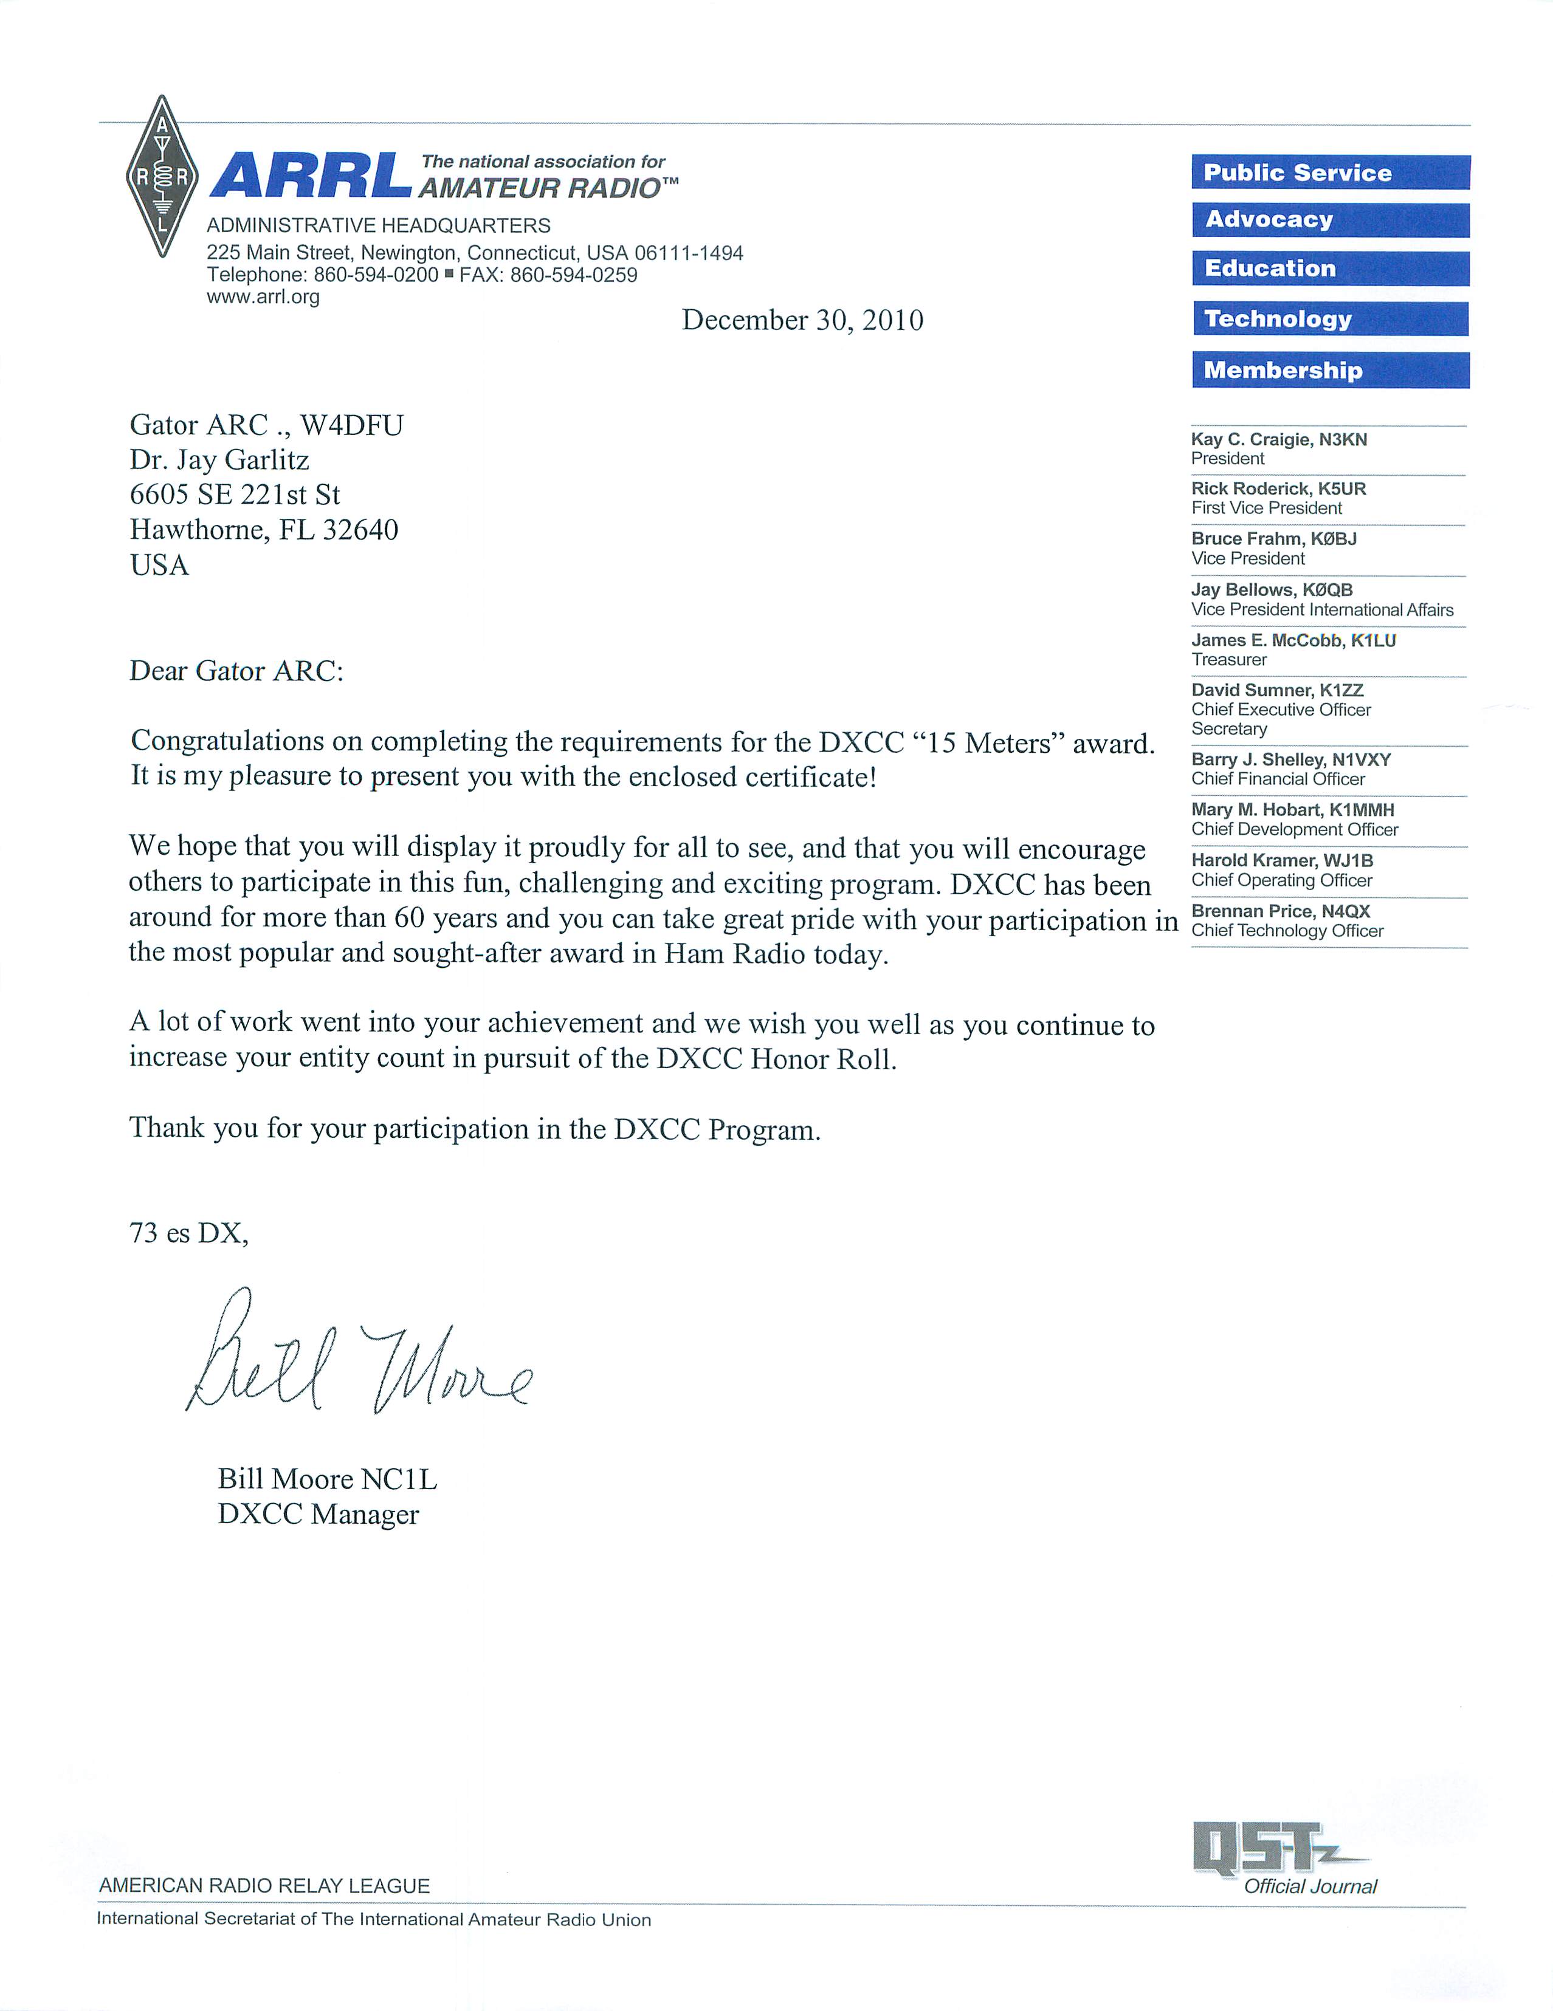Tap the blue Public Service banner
[x=1329, y=172]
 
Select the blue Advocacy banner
[x=1329, y=220]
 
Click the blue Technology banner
[x=1329, y=318]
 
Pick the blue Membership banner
[x=1329, y=370]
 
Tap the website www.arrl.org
[x=263, y=296]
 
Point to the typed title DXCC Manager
[x=318, y=1515]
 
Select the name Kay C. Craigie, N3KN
[x=1278, y=439]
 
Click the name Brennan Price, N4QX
[x=1280, y=911]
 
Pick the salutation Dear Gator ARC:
[x=236, y=671]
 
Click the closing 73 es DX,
[x=189, y=1233]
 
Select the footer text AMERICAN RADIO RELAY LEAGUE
[x=264, y=1886]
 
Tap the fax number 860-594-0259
[x=573, y=275]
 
